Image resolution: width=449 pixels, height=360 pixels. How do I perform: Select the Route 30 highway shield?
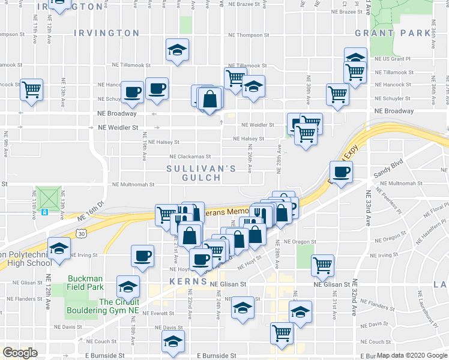pyautogui.click(x=80, y=235)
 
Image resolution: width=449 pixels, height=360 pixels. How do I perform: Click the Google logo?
pyautogui.click(x=20, y=353)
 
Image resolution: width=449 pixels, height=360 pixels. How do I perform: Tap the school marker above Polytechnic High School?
pyautogui.click(x=58, y=248)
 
